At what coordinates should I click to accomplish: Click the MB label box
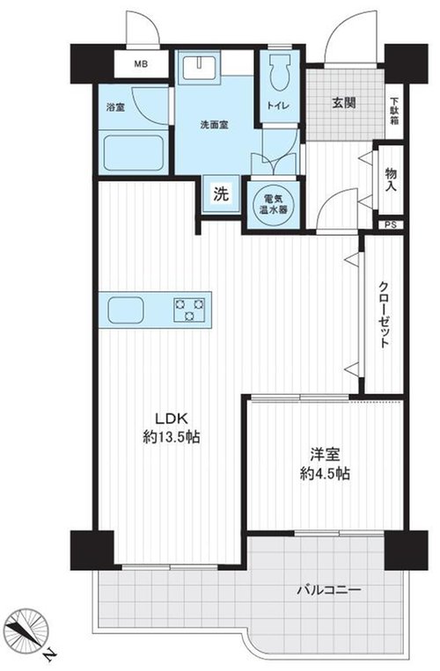point(142,64)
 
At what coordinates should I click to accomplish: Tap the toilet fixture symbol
point(280,73)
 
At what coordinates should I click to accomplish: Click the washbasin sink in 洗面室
point(200,66)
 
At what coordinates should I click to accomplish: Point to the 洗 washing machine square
point(222,194)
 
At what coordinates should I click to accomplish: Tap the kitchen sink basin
point(126,310)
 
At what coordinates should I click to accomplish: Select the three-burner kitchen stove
point(188,310)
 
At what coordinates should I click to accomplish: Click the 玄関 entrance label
point(345,103)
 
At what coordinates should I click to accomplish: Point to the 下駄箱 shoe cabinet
point(393,112)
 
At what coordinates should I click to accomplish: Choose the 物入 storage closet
point(391,179)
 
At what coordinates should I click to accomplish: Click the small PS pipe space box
point(391,224)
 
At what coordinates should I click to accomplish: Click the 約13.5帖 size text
point(171,437)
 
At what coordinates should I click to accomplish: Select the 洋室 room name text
point(326,454)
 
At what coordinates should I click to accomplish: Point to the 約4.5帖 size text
point(326,474)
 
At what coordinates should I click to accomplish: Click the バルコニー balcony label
point(329,591)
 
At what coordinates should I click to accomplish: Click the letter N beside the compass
point(49,654)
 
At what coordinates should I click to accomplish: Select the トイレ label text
point(279,106)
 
